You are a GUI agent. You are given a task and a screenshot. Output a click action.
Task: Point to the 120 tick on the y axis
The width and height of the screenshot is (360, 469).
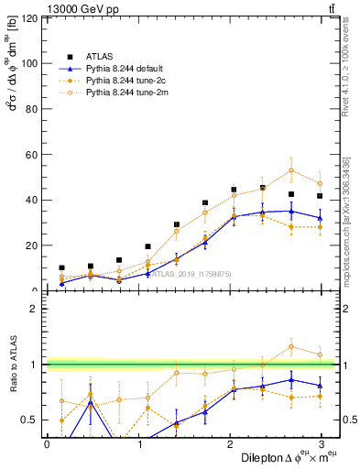point(29,18)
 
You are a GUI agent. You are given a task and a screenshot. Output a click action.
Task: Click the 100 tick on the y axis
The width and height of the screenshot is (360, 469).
point(29,63)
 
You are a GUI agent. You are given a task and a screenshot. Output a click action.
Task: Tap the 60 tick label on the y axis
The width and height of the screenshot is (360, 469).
point(32,155)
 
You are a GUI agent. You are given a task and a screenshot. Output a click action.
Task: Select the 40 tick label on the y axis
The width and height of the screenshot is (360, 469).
point(32,200)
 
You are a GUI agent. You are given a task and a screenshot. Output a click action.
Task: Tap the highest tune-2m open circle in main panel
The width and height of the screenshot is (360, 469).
point(291,169)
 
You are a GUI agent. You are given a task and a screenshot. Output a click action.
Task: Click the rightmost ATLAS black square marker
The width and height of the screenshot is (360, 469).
point(320,196)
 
